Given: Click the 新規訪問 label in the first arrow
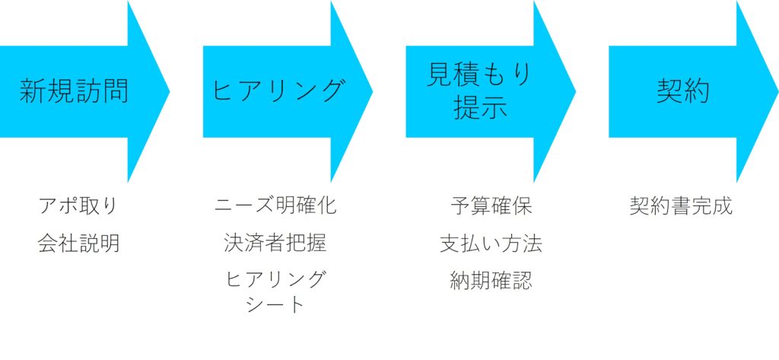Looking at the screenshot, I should point(74,92).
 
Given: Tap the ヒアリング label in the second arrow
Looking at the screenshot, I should point(277,92).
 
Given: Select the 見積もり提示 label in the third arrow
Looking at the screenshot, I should point(480,91).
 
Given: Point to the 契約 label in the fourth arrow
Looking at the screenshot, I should point(682,92).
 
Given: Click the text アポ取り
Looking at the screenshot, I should point(78,206).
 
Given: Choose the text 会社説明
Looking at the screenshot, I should point(78,244).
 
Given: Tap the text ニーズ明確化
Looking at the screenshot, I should point(275,205).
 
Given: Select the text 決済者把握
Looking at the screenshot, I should point(275,244).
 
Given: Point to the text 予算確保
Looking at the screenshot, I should point(491,206).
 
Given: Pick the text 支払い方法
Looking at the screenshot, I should point(491,244).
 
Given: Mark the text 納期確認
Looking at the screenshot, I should point(491,281).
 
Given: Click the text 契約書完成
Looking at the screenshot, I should point(681,206).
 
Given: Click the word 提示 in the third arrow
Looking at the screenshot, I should point(480,109).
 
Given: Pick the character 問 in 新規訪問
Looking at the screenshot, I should point(116,92).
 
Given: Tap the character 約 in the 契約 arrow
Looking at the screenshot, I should point(696,92).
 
